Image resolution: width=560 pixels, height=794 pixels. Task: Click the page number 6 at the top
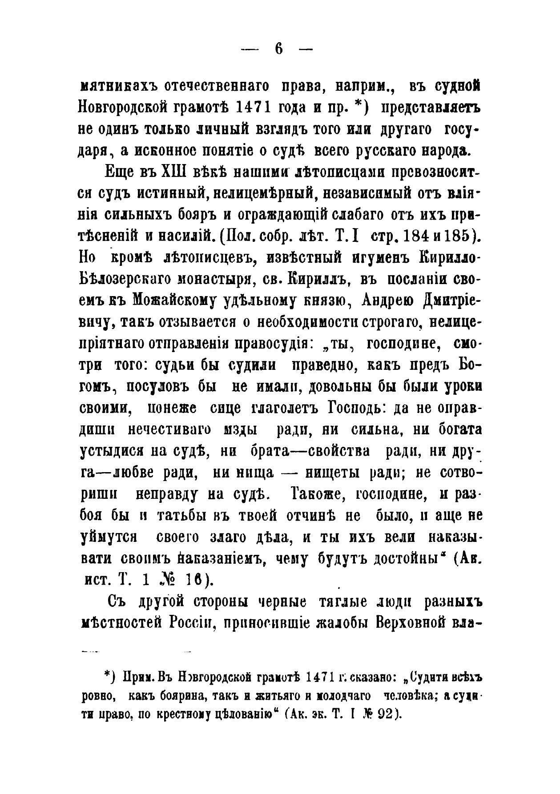tap(279, 49)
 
